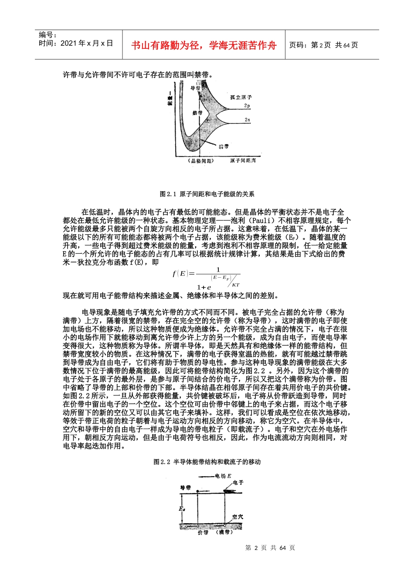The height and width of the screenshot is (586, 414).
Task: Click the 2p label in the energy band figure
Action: pyautogui.click(x=247, y=106)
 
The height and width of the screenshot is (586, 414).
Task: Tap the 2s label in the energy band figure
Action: pyautogui.click(x=247, y=119)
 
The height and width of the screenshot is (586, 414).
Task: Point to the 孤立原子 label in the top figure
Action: pyautogui.click(x=241, y=97)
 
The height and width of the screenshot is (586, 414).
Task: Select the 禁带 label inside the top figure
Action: pyautogui.click(x=197, y=113)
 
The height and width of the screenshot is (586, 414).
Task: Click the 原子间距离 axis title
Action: pyautogui.click(x=243, y=161)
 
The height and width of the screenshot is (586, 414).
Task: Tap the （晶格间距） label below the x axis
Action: pyautogui.click(x=201, y=161)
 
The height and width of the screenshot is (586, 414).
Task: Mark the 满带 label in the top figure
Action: pyautogui.click(x=224, y=146)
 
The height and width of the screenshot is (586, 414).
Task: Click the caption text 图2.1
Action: pyautogui.click(x=167, y=194)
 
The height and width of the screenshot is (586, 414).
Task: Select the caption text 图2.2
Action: pyautogui.click(x=162, y=462)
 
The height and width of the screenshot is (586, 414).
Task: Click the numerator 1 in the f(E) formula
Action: pyautogui.click(x=218, y=270)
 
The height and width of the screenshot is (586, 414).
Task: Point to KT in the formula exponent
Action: pyautogui.click(x=236, y=285)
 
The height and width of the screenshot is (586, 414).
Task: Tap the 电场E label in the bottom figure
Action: pyautogui.click(x=223, y=476)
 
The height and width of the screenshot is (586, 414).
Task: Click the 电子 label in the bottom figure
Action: pyautogui.click(x=238, y=483)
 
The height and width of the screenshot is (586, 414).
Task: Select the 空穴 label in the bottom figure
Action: pyautogui.click(x=238, y=517)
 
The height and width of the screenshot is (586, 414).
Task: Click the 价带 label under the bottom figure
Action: pyautogui.click(x=203, y=532)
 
